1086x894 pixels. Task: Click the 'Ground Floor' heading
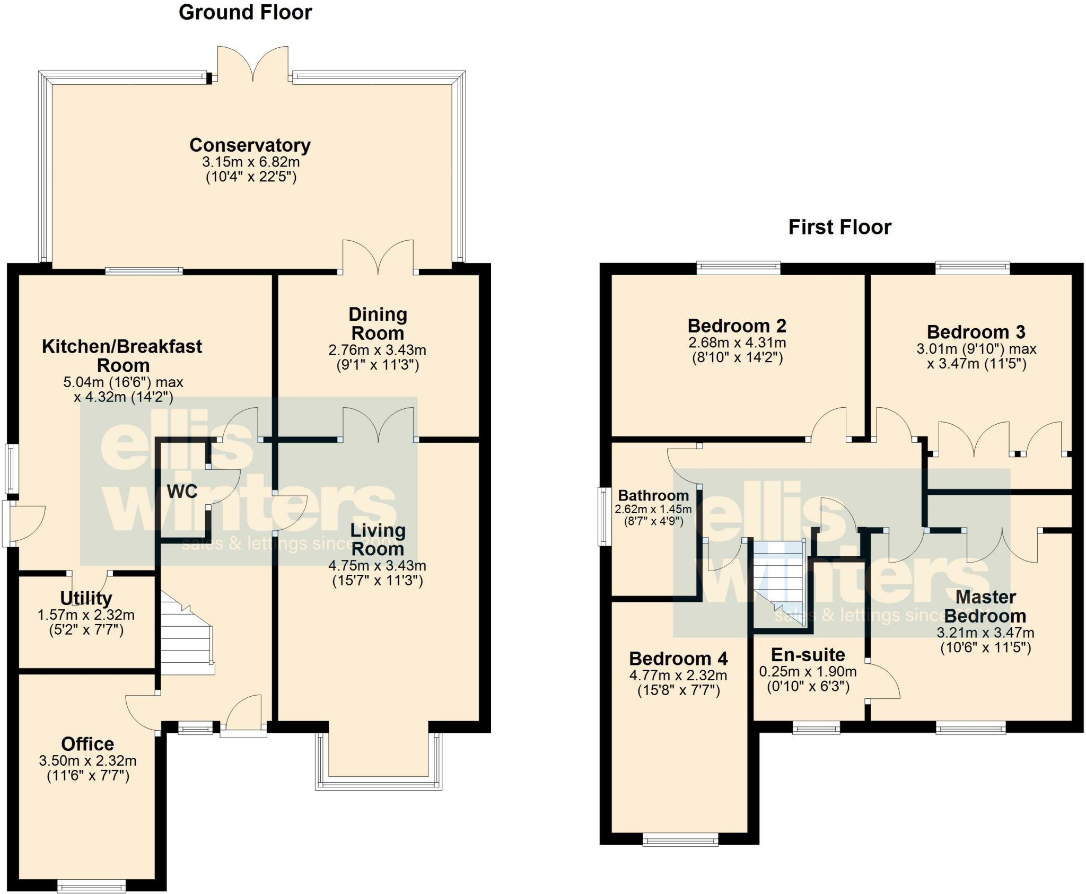246,12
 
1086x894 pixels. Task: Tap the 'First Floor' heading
840,227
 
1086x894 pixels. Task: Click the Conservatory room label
250,145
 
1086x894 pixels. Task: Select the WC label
182,492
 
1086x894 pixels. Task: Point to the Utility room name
86,598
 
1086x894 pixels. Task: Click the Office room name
87,744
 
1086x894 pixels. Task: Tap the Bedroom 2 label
737,326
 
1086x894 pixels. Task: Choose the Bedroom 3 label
976,332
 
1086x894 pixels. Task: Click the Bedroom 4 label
679,659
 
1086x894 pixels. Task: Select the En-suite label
808,655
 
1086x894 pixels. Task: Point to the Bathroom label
654,496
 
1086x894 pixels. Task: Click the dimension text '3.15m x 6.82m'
251,162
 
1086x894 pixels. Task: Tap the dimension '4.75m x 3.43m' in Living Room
378,566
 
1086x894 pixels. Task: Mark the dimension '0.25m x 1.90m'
808,672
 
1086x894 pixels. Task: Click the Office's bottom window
91,886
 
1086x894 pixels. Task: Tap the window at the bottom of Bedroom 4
680,839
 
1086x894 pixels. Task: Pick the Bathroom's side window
604,516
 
